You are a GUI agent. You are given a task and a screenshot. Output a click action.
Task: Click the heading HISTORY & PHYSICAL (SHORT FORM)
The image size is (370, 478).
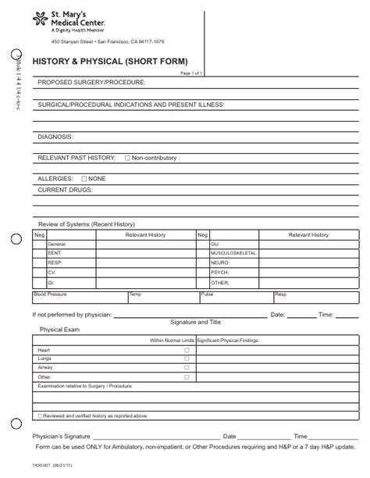click(x=109, y=61)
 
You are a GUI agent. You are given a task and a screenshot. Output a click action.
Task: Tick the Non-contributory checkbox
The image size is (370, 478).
click(x=127, y=159)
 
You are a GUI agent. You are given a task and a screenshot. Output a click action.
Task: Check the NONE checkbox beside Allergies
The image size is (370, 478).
click(x=84, y=179)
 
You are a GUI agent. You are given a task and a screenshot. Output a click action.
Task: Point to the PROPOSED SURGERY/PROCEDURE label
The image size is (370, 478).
click(x=92, y=82)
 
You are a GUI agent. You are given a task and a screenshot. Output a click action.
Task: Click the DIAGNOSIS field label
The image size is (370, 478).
click(x=55, y=137)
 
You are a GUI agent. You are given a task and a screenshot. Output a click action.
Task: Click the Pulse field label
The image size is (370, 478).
click(x=207, y=294)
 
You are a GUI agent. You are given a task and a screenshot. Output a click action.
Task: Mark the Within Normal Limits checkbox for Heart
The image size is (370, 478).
click(x=186, y=351)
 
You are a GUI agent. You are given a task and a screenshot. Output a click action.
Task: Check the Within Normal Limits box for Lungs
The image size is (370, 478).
click(x=186, y=359)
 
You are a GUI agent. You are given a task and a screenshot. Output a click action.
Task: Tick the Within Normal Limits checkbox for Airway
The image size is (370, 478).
click(x=186, y=368)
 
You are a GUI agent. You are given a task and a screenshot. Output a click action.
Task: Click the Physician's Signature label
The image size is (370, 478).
click(x=65, y=437)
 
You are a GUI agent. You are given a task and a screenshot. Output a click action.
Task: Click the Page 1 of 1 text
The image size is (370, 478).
click(x=192, y=73)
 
